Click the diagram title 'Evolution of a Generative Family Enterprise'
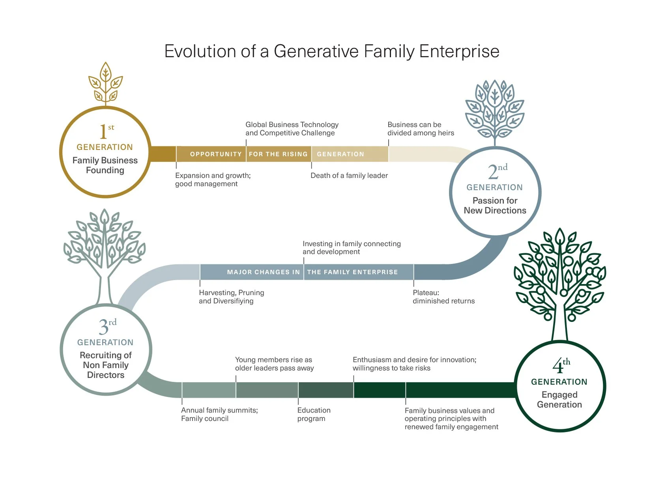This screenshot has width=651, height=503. (331, 51)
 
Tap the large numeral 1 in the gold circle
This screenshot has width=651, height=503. (103, 132)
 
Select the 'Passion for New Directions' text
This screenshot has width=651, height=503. (495, 206)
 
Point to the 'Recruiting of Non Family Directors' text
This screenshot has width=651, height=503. (105, 365)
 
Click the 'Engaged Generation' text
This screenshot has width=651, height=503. (559, 400)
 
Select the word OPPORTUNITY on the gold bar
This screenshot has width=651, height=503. (215, 154)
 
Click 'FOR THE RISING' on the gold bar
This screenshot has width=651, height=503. (278, 154)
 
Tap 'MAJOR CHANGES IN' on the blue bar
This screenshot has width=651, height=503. (263, 272)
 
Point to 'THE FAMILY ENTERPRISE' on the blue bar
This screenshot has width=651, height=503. (352, 272)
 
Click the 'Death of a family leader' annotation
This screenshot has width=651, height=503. (349, 176)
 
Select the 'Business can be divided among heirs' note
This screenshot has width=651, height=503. (421, 129)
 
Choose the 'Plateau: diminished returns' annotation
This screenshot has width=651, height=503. (443, 297)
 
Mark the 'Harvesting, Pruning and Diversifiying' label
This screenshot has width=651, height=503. (232, 297)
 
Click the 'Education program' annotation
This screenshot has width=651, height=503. (314, 414)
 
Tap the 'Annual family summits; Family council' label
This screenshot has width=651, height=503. (219, 414)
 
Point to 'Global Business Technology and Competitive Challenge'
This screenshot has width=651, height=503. (292, 129)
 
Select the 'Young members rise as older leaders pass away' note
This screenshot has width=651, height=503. (274, 364)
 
